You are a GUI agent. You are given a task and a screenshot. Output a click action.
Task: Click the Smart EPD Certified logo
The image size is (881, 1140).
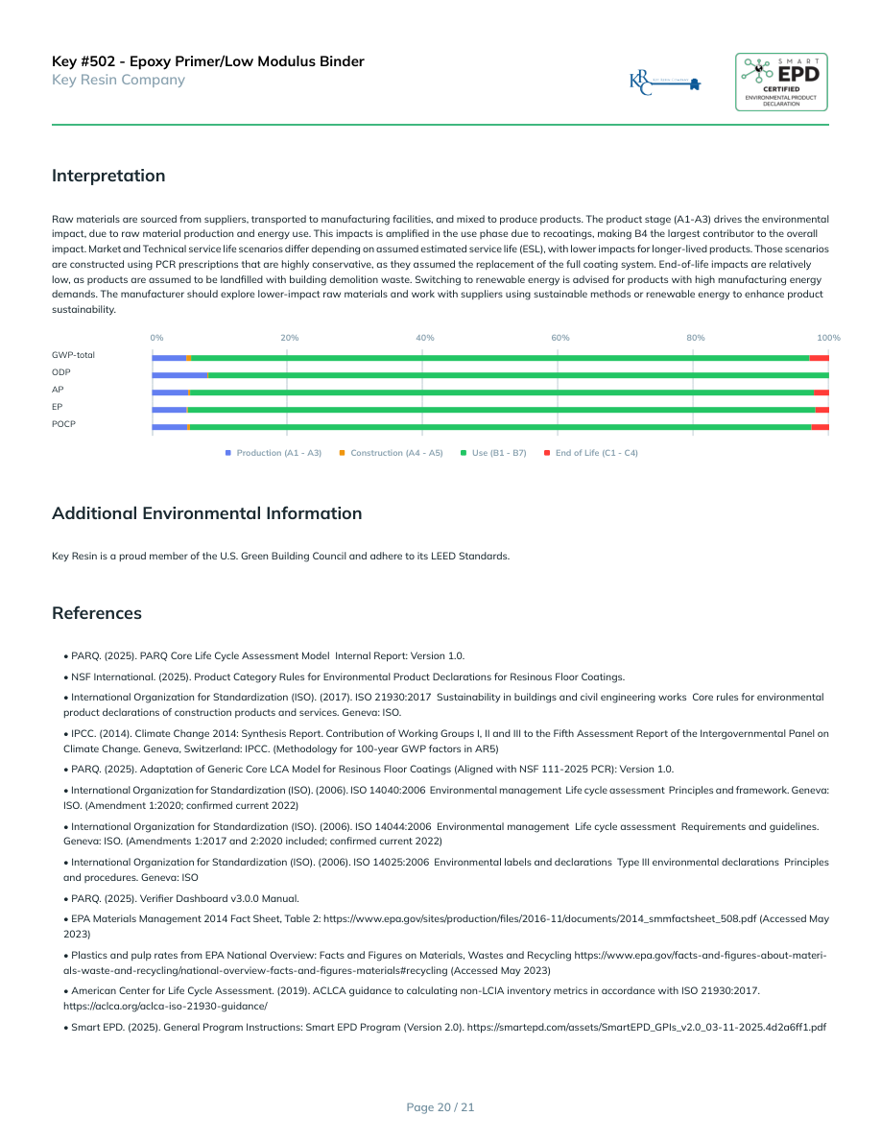(781, 82)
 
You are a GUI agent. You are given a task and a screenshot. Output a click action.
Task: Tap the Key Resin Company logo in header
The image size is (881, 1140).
(665, 83)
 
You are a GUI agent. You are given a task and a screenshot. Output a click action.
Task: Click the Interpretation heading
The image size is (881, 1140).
(108, 176)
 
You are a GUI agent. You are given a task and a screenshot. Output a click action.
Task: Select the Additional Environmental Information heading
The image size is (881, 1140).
(207, 513)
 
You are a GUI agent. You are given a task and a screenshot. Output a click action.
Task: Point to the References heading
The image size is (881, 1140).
(97, 613)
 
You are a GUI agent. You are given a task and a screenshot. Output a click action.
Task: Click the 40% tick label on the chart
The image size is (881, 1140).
(425, 338)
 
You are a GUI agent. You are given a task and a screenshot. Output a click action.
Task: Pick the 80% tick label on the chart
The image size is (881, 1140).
(696, 338)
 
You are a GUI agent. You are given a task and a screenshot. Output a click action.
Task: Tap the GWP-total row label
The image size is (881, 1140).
(73, 355)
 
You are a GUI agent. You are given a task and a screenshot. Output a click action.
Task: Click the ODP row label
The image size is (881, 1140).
(61, 372)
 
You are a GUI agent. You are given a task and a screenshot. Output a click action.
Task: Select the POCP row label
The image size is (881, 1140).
(63, 424)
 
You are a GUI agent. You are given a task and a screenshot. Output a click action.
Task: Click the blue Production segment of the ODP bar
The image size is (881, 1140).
(179, 374)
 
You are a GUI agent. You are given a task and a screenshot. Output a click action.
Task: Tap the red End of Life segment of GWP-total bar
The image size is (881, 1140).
(819, 357)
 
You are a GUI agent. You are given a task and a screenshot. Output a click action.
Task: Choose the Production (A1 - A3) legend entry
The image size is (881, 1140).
(274, 453)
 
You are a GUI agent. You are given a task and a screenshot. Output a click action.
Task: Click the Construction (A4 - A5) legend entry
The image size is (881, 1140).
(392, 453)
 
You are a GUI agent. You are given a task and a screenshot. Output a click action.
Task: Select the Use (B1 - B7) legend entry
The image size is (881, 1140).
(493, 453)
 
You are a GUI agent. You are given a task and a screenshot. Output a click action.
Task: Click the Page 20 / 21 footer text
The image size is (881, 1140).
(440, 1107)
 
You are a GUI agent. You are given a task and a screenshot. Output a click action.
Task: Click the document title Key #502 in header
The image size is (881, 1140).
(208, 61)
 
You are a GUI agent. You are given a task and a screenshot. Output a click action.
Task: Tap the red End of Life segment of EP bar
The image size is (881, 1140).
(821, 410)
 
